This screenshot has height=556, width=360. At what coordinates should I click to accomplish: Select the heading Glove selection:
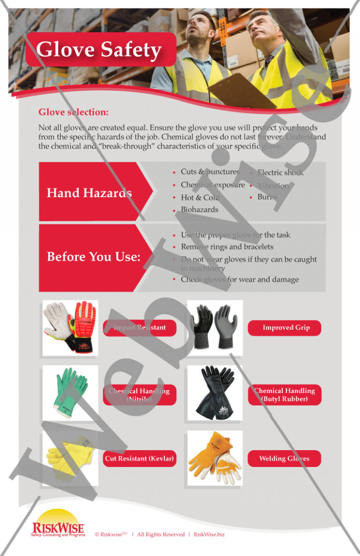pos(74,112)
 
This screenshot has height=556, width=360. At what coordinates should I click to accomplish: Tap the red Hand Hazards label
pos(89,193)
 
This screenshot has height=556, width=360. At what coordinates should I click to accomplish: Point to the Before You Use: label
pos(94,257)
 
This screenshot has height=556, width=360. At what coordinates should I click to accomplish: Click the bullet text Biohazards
pos(199,209)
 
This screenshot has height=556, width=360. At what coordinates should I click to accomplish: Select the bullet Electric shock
pos(280,172)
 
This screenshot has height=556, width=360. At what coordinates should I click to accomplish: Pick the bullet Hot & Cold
pos(200,197)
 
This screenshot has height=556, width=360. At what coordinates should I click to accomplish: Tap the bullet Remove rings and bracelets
pos(227,247)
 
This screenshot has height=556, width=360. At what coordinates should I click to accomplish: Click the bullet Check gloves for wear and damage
pos(240,280)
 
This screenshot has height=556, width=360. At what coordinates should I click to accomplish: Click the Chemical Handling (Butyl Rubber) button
pos(285,394)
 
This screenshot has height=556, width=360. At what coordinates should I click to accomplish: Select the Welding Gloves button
pos(284,459)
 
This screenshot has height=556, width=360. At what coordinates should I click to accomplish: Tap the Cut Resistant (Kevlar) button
pos(139,459)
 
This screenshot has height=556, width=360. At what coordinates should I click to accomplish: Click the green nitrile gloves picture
pos(70,393)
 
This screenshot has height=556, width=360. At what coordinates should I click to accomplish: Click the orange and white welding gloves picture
pos(215,458)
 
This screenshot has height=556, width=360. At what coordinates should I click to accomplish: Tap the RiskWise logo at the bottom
pos(58,524)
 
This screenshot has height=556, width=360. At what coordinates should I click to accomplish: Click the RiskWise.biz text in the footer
pos(209,534)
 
